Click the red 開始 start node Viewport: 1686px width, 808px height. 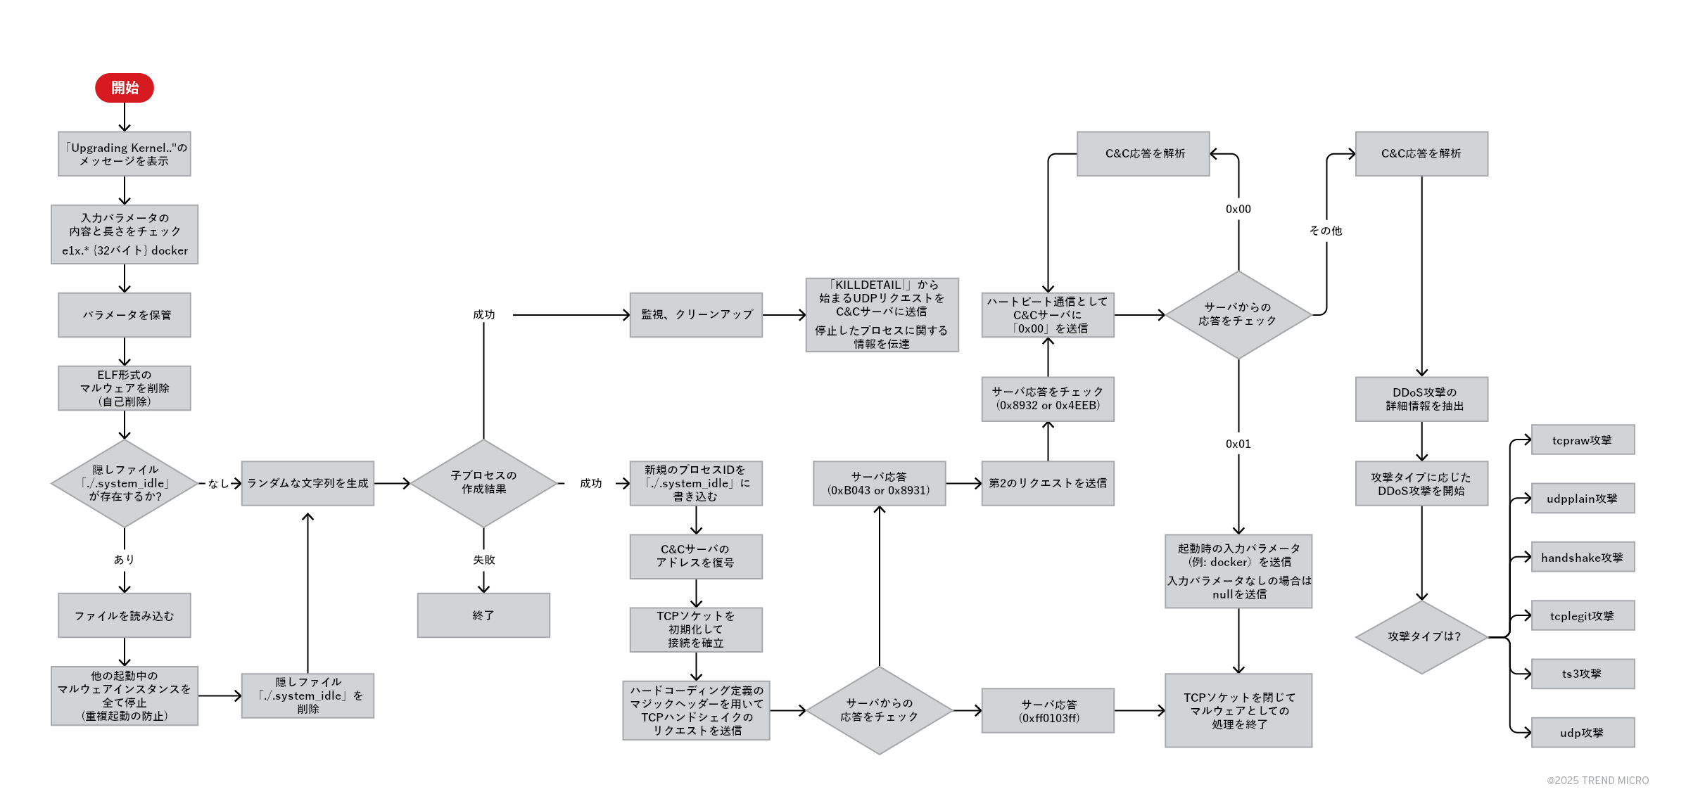click(x=125, y=88)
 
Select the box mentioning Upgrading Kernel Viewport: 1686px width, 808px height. click(x=125, y=154)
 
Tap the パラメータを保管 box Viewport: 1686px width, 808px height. click(x=125, y=315)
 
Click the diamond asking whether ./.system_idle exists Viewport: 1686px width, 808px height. click(x=125, y=483)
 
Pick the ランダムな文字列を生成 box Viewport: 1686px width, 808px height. click(x=308, y=483)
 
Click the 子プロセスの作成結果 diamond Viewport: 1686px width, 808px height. click(x=483, y=483)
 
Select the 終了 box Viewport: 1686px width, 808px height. click(x=483, y=615)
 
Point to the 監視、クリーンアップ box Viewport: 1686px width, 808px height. click(x=696, y=315)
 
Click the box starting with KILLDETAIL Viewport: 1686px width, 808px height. click(x=882, y=315)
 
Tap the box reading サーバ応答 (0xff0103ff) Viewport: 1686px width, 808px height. click(x=1048, y=711)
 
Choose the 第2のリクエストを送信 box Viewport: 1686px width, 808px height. click(x=1048, y=483)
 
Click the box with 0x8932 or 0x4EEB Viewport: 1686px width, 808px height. click(x=1048, y=399)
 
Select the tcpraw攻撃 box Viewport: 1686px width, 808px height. click(x=1583, y=440)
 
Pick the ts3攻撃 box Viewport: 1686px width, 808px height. click(x=1583, y=674)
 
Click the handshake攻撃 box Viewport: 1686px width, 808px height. click(x=1583, y=557)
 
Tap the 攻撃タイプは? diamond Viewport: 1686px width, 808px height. click(x=1421, y=637)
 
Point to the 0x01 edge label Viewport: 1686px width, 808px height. click(x=1238, y=444)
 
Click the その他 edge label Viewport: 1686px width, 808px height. click(x=1326, y=231)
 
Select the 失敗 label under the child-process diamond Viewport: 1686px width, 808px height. click(x=483, y=560)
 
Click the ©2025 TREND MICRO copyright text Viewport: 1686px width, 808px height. click(x=1597, y=781)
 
